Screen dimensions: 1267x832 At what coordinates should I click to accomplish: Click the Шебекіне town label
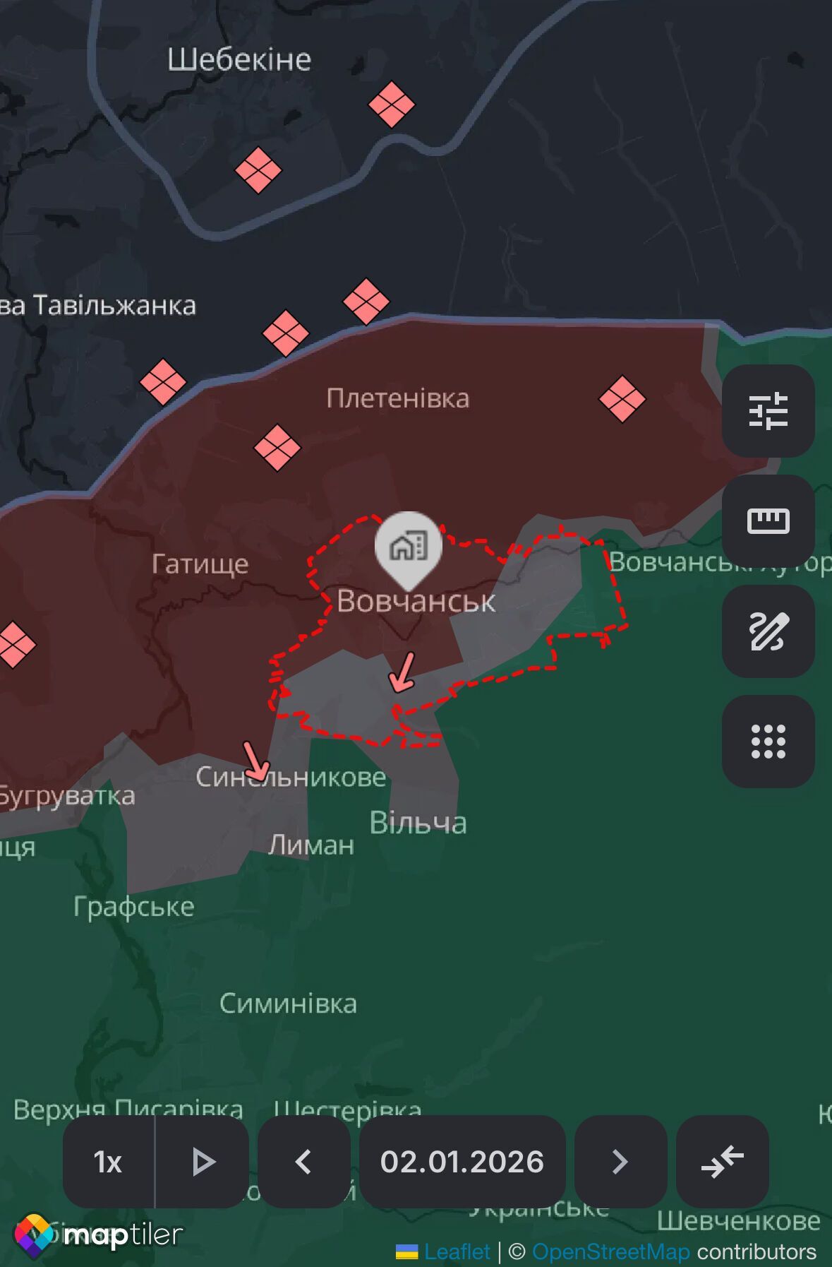coord(239,60)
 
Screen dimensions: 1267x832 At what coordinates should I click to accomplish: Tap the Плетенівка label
coord(398,398)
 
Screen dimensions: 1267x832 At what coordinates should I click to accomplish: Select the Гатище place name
coord(200,564)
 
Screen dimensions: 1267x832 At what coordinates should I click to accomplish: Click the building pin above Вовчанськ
coord(409,546)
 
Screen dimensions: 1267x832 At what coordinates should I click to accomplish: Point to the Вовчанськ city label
coord(416,601)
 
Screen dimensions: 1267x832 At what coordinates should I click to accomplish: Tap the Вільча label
coord(418,823)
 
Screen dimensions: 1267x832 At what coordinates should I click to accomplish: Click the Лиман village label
coord(311,845)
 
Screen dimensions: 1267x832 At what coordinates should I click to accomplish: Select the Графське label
coord(133,906)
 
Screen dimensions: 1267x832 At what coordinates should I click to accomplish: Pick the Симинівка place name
coord(288,1003)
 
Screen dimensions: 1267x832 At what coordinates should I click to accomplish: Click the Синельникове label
coord(291,777)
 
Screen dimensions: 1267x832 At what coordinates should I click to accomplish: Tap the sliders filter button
coord(768,410)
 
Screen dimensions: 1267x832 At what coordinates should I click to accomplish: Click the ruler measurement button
coord(768,521)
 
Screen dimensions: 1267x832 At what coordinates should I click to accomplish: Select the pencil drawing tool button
coord(768,631)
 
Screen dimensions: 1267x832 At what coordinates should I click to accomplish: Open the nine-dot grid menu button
coord(768,742)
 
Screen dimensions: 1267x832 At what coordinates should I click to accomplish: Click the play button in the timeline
coord(203,1162)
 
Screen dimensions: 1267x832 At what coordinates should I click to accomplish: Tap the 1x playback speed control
coord(108,1162)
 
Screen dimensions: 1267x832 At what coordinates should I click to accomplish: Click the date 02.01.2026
coord(462,1162)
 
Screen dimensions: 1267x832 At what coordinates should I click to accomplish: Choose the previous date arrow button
coord(303,1162)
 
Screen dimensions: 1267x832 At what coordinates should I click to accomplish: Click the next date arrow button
coord(620,1162)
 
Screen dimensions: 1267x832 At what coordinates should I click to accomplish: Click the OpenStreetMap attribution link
coord(610,1251)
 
